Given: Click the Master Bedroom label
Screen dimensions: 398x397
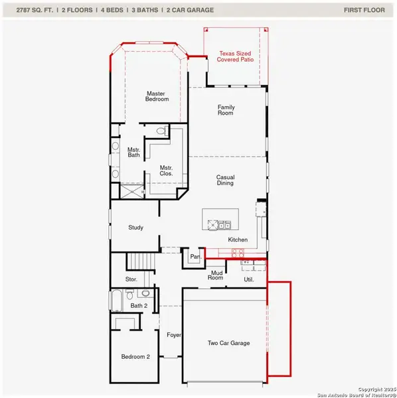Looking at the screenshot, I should tap(157, 96).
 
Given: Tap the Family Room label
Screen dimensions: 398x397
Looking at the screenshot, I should tap(226, 111).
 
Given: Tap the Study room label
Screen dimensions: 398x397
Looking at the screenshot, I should tap(135, 228).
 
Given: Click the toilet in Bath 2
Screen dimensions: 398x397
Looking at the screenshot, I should tap(146, 293).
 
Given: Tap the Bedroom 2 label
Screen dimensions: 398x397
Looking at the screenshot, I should tap(135, 356).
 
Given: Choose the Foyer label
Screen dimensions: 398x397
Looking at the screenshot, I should tap(174, 335).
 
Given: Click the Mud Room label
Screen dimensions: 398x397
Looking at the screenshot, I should tap(216, 275).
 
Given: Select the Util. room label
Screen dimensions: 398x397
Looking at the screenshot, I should tap(250, 280).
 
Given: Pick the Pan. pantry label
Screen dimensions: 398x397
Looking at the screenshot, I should tap(195, 255).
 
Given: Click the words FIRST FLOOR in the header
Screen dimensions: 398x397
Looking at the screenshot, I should tap(364, 10).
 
